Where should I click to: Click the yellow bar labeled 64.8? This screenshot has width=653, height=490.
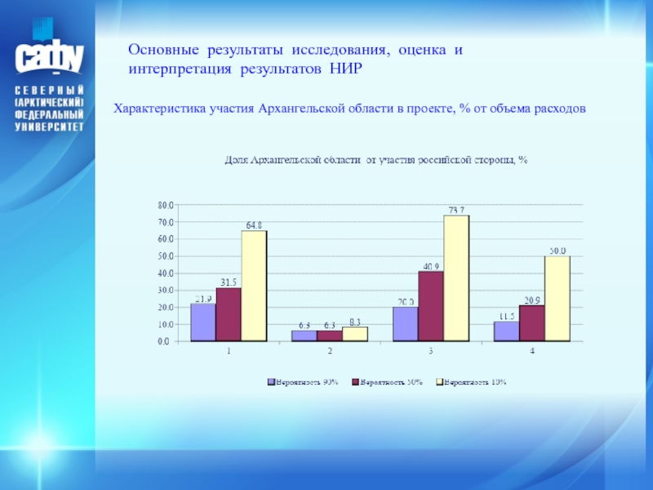pyautogui.click(x=253, y=286)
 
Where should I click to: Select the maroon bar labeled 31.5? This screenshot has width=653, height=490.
pyautogui.click(x=229, y=314)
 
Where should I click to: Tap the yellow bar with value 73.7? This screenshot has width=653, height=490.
pyautogui.click(x=456, y=278)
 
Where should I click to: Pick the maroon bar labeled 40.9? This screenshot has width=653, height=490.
pyautogui.click(x=430, y=306)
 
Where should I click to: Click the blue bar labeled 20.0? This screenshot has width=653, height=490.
pyautogui.click(x=405, y=324)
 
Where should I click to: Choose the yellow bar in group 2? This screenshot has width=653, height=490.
pyautogui.click(x=355, y=334)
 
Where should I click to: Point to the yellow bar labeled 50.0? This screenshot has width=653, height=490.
pyautogui.click(x=557, y=299)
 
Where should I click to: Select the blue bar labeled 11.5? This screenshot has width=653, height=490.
pyautogui.click(x=506, y=332)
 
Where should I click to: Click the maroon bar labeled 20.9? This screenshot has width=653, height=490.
pyautogui.click(x=531, y=323)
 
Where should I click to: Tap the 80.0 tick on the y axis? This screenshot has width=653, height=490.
pyautogui.click(x=165, y=205)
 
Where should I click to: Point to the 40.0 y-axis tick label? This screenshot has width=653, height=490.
pyautogui.click(x=165, y=274)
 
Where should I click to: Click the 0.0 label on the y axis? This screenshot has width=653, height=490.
pyautogui.click(x=167, y=342)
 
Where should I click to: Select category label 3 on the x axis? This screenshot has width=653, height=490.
pyautogui.click(x=430, y=351)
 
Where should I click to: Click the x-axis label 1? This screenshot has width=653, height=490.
pyautogui.click(x=229, y=351)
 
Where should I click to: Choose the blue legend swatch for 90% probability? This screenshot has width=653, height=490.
pyautogui.click(x=270, y=381)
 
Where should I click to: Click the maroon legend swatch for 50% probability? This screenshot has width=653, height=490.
pyautogui.click(x=355, y=381)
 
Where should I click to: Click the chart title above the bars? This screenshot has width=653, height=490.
pyautogui.click(x=376, y=160)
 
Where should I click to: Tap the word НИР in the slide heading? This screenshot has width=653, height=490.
pyautogui.click(x=345, y=69)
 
